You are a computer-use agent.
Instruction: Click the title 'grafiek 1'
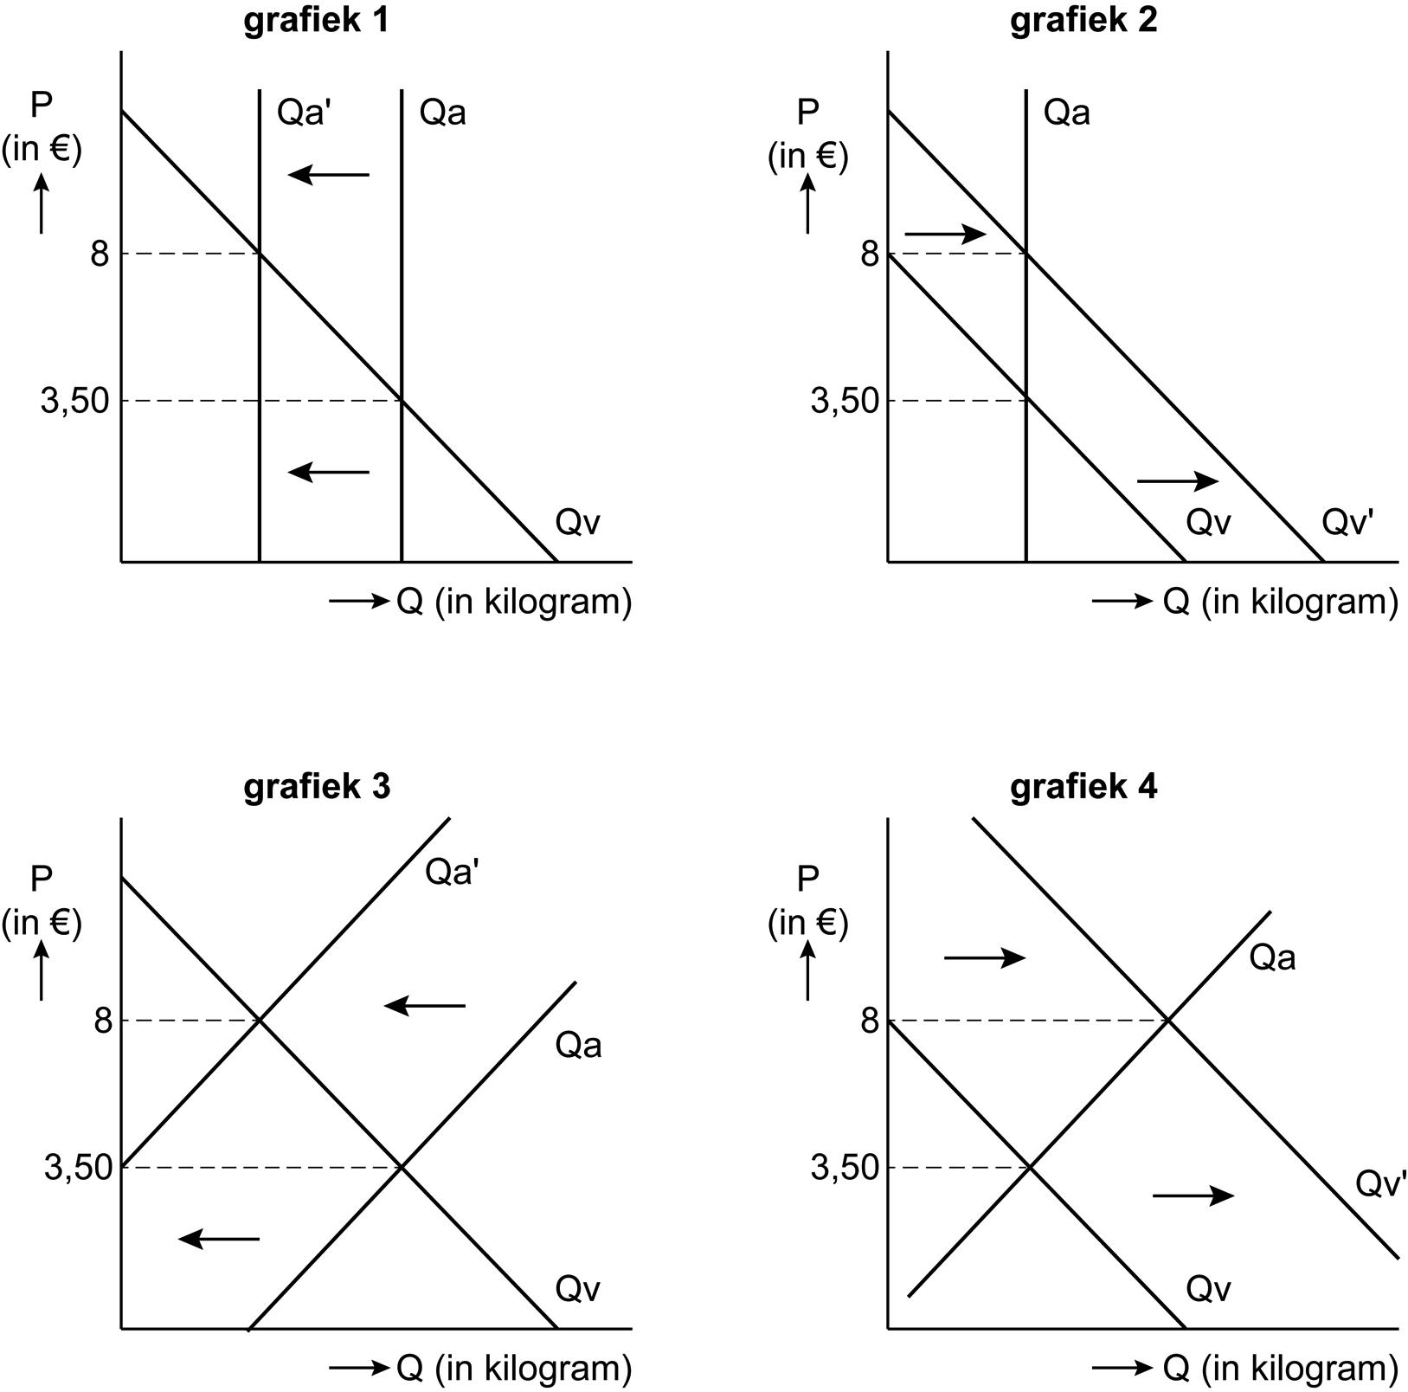pyautogui.click(x=316, y=20)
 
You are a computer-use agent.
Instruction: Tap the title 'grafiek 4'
pyautogui.click(x=1083, y=787)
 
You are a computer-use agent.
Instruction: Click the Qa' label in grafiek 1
pyautogui.click(x=304, y=113)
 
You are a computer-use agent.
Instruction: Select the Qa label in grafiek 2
pyautogui.click(x=1066, y=113)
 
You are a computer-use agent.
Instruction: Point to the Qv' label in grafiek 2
pyautogui.click(x=1347, y=522)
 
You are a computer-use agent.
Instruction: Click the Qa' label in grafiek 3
pyautogui.click(x=452, y=872)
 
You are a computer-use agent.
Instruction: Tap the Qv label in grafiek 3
pyautogui.click(x=577, y=1289)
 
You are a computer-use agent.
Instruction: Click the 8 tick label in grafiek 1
pyautogui.click(x=100, y=254)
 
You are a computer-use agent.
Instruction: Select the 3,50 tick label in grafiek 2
pyautogui.click(x=844, y=401)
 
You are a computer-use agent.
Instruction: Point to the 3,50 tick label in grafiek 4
pyautogui.click(x=844, y=1168)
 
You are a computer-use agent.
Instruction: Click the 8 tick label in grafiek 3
pyautogui.click(x=103, y=1021)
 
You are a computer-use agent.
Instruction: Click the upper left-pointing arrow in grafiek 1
pyautogui.click(x=329, y=175)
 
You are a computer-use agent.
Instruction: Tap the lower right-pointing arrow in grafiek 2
pyautogui.click(x=1177, y=480)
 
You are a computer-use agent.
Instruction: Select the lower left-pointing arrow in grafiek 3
pyautogui.click(x=219, y=1239)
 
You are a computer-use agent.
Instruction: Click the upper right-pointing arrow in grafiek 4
pyautogui.click(x=984, y=957)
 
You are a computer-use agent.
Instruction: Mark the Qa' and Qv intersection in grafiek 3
pyautogui.click(x=259, y=1021)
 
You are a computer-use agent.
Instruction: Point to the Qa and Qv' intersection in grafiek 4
pyautogui.click(x=1168, y=1021)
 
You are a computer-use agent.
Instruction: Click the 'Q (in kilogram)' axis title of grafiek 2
pyautogui.click(x=1280, y=601)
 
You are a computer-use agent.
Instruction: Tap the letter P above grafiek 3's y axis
pyautogui.click(x=42, y=879)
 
